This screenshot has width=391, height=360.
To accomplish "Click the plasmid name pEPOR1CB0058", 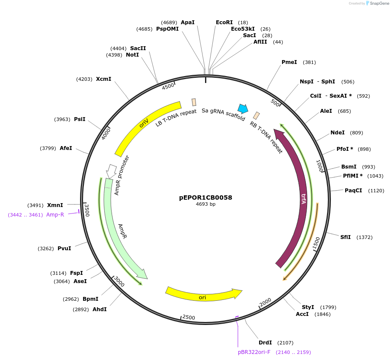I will coord(205,198).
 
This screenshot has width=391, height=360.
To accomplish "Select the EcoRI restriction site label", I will coord(224,22).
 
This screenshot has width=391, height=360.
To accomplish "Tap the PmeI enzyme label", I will coord(289,62).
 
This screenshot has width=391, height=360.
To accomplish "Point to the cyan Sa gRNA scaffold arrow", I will coord(243,108).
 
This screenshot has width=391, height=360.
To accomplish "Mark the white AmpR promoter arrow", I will coord(111,171).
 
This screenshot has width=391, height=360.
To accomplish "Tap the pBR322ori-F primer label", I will coord(254,352).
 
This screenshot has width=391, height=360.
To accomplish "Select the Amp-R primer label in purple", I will coord(55,215).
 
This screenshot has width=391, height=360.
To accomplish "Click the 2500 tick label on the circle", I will coord(189,317).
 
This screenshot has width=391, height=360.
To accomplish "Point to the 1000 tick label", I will coord(320,166).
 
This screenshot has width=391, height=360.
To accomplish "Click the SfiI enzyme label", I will coord(345,237).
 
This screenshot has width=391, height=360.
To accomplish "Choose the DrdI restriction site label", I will coord(265,342).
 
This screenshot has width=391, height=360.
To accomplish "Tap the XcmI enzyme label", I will coord(103,79).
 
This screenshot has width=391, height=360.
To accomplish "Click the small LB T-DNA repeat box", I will coord(194,102).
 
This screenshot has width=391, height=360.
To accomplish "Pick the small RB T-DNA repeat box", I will coord(256,115).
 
